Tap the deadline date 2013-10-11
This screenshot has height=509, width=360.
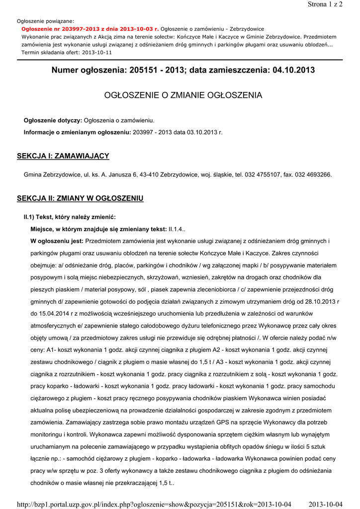tap(97, 52)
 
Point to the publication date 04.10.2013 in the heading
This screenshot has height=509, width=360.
tap(294, 71)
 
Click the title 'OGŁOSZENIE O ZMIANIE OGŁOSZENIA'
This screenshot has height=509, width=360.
tap(182, 95)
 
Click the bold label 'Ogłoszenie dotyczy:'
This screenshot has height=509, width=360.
tap(53, 121)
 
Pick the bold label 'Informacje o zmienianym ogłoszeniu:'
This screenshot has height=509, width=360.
tap(78, 132)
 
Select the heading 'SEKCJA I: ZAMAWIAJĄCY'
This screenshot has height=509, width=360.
tap(63, 156)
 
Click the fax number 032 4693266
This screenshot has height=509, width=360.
tap(312, 175)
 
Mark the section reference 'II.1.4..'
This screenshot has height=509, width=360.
tap(178, 229)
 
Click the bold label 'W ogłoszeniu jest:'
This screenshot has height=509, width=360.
tap(57, 241)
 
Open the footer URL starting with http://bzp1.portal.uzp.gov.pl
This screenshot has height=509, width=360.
tap(154, 505)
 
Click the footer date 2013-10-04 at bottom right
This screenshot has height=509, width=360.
tap(326, 505)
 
